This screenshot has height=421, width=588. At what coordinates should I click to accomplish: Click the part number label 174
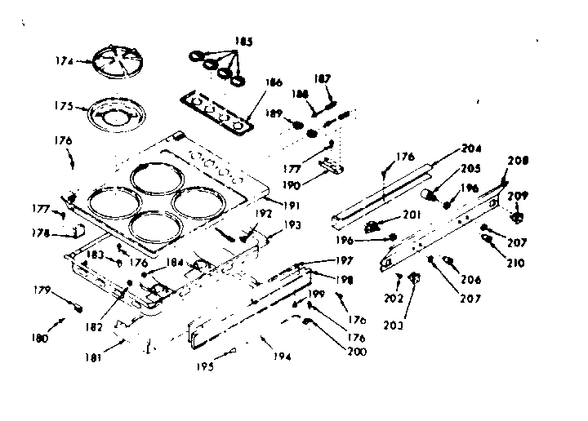point(63,60)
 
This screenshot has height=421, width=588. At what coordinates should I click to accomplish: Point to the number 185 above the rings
point(243,40)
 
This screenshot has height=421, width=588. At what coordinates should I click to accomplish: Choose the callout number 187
point(323,79)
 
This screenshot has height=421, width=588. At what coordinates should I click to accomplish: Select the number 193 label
point(292,224)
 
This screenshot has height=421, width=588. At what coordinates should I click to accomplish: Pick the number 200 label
point(355,352)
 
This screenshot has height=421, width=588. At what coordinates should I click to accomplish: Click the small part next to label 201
point(375,224)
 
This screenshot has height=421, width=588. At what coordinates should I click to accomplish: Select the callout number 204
point(472,149)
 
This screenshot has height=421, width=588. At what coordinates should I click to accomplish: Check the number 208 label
point(519,161)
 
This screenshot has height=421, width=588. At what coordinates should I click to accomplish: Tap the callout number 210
point(514,263)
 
